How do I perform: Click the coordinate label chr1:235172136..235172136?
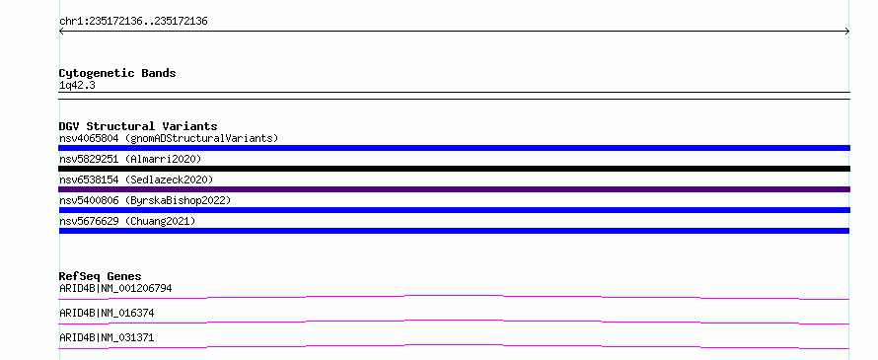(x=133, y=22)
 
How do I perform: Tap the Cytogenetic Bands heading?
(x=117, y=73)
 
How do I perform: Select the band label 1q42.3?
(x=77, y=86)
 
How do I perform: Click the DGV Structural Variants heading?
(x=138, y=126)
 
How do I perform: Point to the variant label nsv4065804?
(x=89, y=138)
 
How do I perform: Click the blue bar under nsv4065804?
(x=454, y=148)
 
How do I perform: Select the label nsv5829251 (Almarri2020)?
(x=130, y=159)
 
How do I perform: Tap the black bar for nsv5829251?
(x=454, y=169)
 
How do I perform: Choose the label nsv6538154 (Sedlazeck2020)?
(x=136, y=180)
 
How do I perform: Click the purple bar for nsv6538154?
(x=454, y=189)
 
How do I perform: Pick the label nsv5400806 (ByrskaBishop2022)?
(x=145, y=200)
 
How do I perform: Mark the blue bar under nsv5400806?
(x=454, y=210)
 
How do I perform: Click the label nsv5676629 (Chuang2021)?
(x=127, y=221)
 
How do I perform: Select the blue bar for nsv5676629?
(x=454, y=231)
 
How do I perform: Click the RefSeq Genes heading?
(x=101, y=276)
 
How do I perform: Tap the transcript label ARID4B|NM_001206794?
(x=115, y=289)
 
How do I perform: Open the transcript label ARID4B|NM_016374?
(x=107, y=313)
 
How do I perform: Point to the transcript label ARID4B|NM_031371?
(x=107, y=337)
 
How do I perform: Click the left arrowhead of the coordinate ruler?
(x=60, y=32)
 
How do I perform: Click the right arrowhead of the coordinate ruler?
(x=848, y=32)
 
